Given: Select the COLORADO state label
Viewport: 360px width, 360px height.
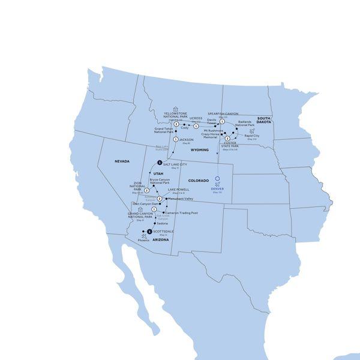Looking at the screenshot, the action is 197,181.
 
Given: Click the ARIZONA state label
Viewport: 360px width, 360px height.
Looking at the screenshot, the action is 160,239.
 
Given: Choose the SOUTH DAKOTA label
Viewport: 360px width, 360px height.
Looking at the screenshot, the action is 264,120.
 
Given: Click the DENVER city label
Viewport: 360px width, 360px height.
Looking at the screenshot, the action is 217,188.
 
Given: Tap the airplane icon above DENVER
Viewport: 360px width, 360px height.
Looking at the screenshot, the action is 217,183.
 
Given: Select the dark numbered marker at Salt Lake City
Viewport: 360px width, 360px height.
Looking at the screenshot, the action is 160,163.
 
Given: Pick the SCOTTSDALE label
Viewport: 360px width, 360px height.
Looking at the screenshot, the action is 163,231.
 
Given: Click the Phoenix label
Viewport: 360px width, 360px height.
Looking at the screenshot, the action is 143,240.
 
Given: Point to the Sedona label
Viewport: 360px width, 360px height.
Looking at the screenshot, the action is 161,223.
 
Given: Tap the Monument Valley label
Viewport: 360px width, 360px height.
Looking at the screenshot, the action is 181,198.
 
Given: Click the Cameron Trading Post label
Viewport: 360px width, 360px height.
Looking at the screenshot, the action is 181,212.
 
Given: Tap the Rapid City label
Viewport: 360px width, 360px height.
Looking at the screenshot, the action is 252,136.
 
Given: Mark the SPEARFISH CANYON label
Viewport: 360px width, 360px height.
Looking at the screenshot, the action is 223,113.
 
